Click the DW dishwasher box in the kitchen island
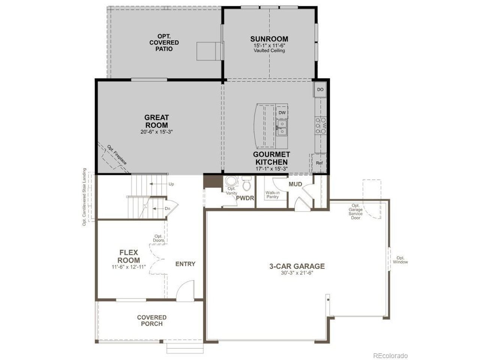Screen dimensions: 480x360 (x=282, y=113)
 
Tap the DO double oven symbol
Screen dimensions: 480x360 (x=320, y=89)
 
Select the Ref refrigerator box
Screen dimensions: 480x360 (x=319, y=163)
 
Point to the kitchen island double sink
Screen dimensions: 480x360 (x=282, y=127)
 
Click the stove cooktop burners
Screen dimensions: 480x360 (x=321, y=126)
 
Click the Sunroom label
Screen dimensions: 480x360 (x=269, y=39)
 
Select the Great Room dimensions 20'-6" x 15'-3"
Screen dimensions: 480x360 (x=157, y=132)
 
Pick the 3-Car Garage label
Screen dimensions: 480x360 (x=297, y=266)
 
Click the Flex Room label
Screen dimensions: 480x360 (x=129, y=256)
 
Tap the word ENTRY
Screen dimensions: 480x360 (x=185, y=264)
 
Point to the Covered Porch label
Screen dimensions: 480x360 (x=152, y=320)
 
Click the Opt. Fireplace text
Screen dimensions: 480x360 (x=117, y=155)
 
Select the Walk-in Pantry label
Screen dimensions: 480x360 (x=273, y=195)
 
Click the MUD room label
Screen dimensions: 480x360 (x=295, y=184)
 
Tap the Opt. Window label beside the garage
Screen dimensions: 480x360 (x=400, y=260)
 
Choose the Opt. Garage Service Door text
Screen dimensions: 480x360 (x=355, y=211)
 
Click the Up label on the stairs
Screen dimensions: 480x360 (x=171, y=184)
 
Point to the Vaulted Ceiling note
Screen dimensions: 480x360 (x=269, y=51)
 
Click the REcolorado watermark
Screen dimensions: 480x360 (x=390, y=355)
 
